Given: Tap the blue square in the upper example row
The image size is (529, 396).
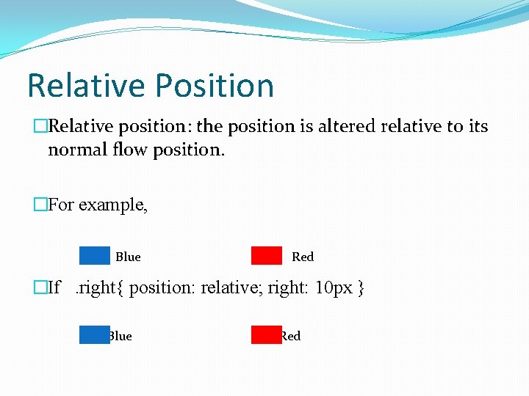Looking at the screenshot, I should [x=94, y=255].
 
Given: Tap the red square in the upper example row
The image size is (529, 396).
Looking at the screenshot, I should [x=266, y=255].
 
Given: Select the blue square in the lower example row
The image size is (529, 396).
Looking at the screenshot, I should [x=94, y=335].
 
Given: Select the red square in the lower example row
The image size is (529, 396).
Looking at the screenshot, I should [x=266, y=335].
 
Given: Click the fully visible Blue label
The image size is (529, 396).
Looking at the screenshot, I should [x=128, y=257].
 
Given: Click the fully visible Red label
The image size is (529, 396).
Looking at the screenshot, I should [x=303, y=257].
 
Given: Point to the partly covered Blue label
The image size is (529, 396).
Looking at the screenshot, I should [x=121, y=336].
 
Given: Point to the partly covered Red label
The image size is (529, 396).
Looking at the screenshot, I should [x=292, y=336].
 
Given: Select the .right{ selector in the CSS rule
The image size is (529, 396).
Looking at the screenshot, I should [x=102, y=287].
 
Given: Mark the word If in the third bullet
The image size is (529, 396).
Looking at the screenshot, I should [x=54, y=287].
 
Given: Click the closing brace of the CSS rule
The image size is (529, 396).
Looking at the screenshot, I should [x=361, y=287].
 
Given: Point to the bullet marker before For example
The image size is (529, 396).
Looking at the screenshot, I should [x=40, y=205].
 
